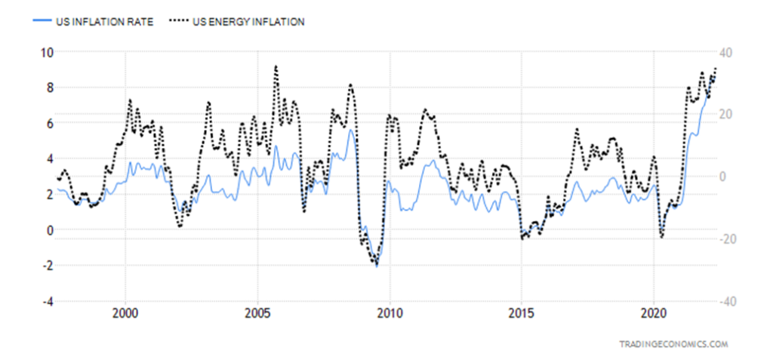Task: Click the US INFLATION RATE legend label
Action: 105,22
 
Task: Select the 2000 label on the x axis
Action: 125,313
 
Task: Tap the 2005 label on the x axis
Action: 257,313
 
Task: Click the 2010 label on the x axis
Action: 390,313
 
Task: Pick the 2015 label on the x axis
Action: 522,313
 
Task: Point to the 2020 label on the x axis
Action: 654,313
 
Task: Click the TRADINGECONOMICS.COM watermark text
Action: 673,343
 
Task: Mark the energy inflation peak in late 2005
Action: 276,66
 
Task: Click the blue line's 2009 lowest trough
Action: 377,266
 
